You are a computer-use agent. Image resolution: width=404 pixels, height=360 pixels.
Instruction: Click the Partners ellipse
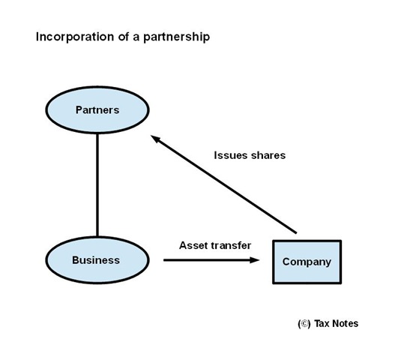point(97,110)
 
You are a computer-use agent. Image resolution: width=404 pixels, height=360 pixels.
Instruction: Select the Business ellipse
point(97,260)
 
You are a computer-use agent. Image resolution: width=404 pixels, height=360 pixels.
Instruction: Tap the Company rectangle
point(307,262)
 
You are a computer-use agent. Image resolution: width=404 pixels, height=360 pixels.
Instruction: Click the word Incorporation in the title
point(75,37)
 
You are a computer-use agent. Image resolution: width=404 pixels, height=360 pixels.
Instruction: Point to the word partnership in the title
point(176,37)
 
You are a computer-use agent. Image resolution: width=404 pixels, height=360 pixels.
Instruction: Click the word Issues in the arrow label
point(230,155)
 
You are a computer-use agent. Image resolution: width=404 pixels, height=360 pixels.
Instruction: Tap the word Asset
point(193,245)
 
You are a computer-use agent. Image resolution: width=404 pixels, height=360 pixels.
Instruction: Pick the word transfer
point(231,245)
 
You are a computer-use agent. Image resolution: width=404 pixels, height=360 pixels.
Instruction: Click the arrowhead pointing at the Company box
point(255,260)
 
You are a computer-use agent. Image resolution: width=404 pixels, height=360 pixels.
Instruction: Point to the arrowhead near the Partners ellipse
point(155,139)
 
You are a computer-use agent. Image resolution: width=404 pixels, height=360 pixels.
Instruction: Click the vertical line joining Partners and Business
point(97,185)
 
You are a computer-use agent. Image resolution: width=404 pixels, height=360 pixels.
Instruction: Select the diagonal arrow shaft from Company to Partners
point(223,184)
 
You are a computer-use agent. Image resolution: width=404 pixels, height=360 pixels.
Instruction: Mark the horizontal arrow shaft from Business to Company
point(211,260)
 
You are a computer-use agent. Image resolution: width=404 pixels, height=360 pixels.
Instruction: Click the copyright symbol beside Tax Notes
point(304,324)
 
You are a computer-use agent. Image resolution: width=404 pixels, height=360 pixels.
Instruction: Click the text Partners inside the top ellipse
point(97,110)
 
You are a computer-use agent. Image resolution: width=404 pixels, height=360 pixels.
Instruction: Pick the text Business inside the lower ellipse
point(96,260)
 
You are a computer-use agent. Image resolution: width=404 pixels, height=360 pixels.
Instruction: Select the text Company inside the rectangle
point(307,262)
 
